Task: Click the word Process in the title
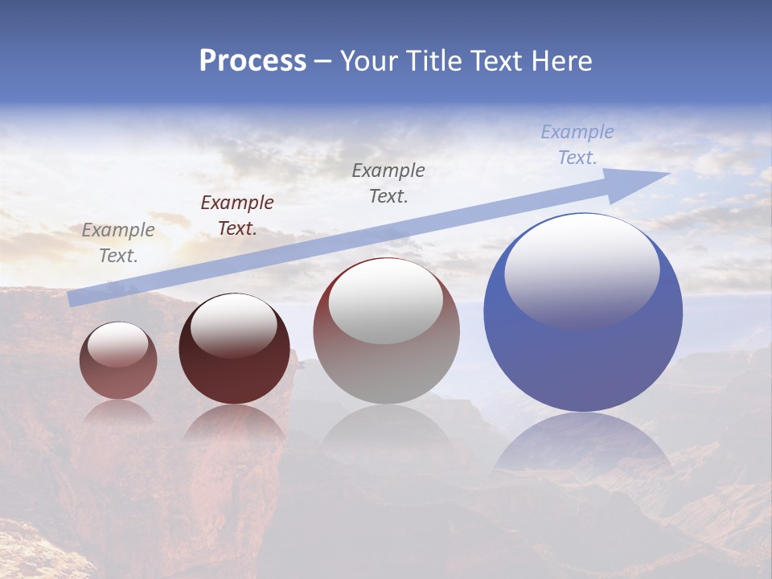click(x=253, y=61)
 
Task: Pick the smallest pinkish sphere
click(x=118, y=378)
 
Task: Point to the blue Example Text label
click(x=577, y=145)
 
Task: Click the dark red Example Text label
click(x=237, y=216)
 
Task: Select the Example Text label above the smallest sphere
click(x=118, y=243)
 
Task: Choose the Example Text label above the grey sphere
click(x=388, y=183)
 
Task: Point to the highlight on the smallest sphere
click(x=118, y=344)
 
